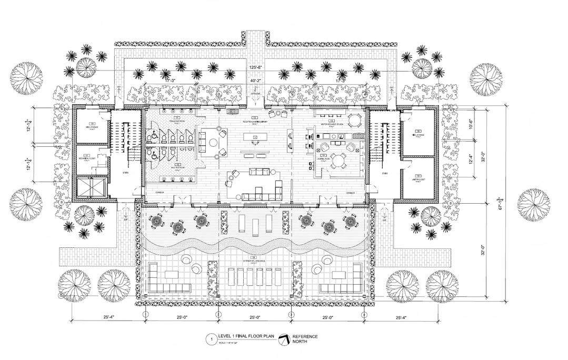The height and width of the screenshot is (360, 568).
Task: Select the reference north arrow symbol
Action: (284, 339)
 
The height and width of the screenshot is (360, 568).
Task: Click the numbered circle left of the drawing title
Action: (211, 339)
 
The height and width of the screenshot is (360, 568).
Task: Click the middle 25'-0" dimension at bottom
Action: (255, 317)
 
